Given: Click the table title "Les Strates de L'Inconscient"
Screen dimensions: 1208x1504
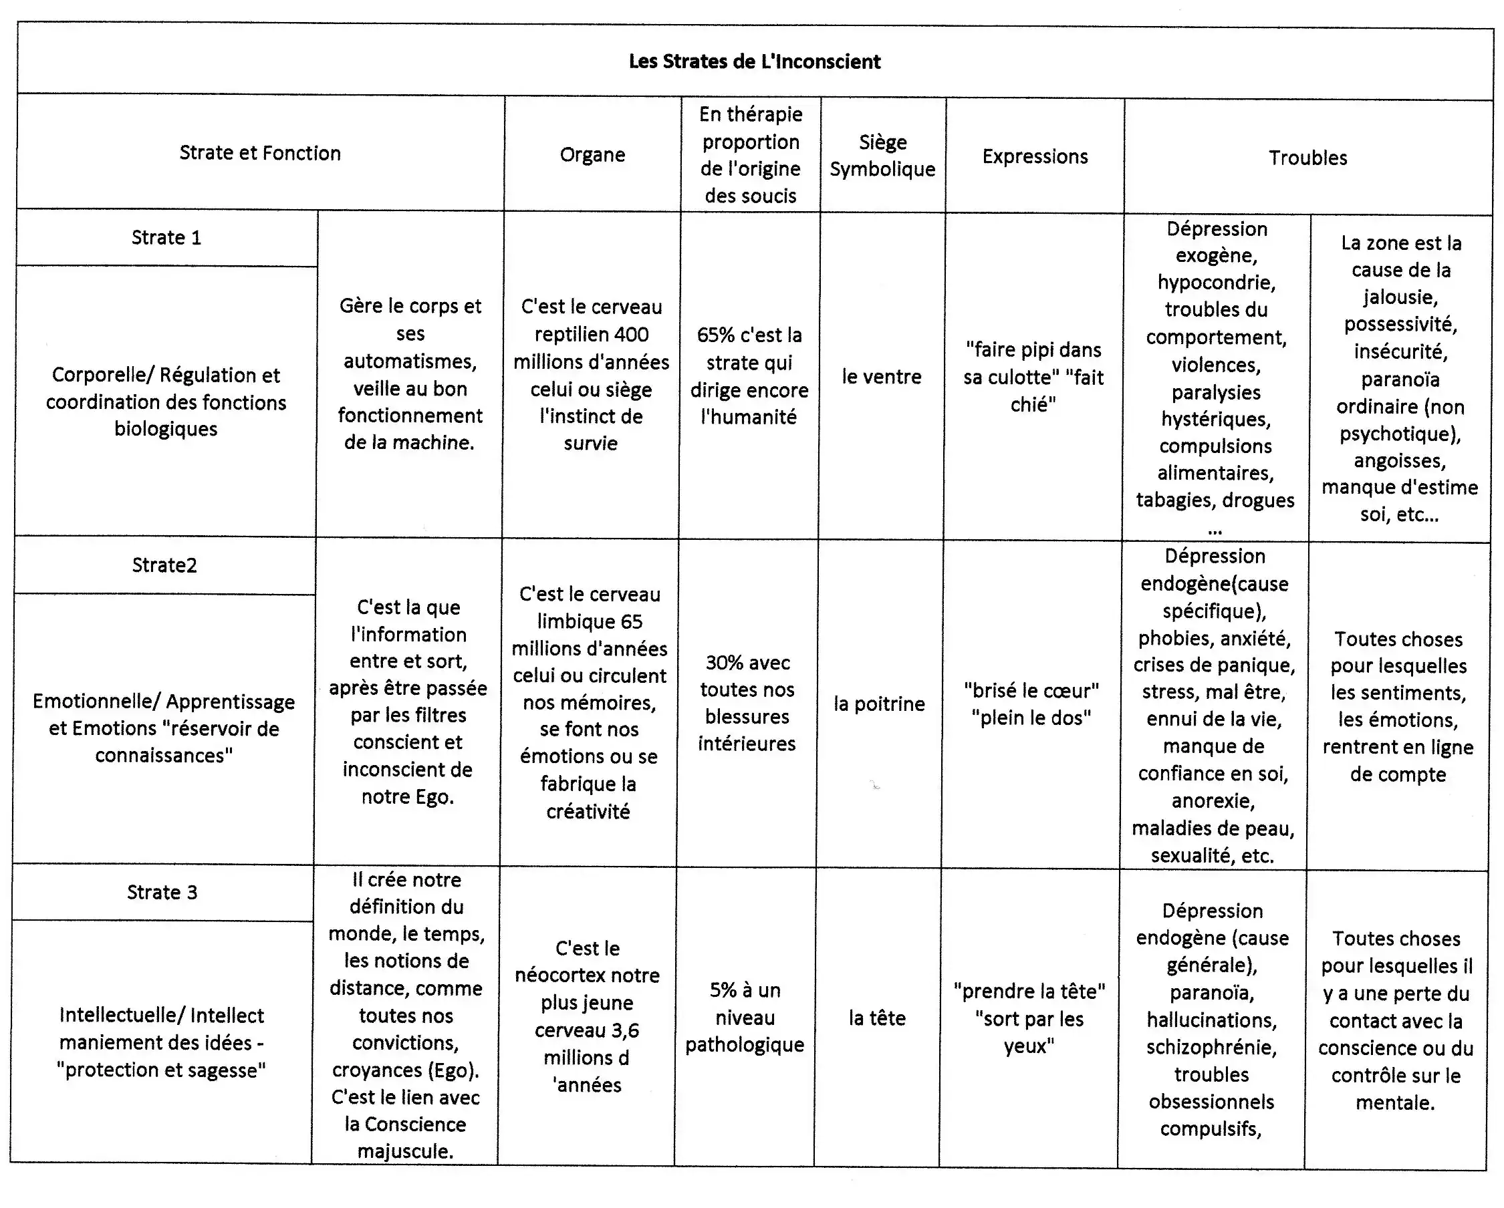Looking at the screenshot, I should [x=754, y=61].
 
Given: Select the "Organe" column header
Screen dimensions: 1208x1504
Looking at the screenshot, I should [x=592, y=154].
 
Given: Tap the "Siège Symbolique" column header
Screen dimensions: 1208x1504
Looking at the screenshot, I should [x=882, y=156].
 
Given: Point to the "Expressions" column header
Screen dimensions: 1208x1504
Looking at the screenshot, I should [x=1035, y=156].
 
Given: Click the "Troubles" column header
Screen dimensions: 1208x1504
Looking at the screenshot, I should [x=1307, y=158].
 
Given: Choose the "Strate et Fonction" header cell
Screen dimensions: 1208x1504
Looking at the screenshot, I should [x=260, y=153].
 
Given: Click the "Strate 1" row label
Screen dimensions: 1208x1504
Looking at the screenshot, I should [x=166, y=237].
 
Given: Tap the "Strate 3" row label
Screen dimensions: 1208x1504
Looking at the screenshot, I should [x=162, y=892].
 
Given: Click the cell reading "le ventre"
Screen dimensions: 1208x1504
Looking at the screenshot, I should [x=881, y=377].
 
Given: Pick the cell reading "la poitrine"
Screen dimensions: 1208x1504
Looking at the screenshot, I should [x=879, y=704].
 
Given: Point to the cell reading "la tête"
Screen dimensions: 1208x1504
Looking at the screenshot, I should [x=877, y=1018].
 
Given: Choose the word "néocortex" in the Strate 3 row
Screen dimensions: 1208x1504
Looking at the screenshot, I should [x=559, y=975].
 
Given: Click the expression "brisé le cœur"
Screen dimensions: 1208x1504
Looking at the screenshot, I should [x=1031, y=690].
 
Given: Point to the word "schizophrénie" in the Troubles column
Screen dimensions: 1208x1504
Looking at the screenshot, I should [x=1211, y=1048].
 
